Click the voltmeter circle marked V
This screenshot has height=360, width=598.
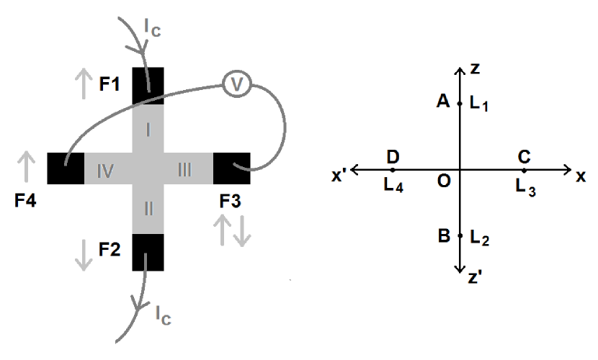tap(234, 84)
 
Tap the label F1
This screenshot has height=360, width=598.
tap(110, 85)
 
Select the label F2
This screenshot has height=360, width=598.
tap(110, 250)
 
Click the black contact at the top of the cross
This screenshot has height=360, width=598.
tap(148, 86)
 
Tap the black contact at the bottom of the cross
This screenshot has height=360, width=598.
tap(148, 252)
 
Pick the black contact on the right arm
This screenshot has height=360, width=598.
tap(231, 169)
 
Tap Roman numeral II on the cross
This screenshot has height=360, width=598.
tap(148, 210)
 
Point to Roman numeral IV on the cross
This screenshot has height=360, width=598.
tap(107, 170)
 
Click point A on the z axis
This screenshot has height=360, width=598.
tap(460, 104)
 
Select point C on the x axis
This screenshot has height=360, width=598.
tap(525, 170)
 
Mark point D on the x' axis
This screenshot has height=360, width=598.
tap(393, 170)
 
